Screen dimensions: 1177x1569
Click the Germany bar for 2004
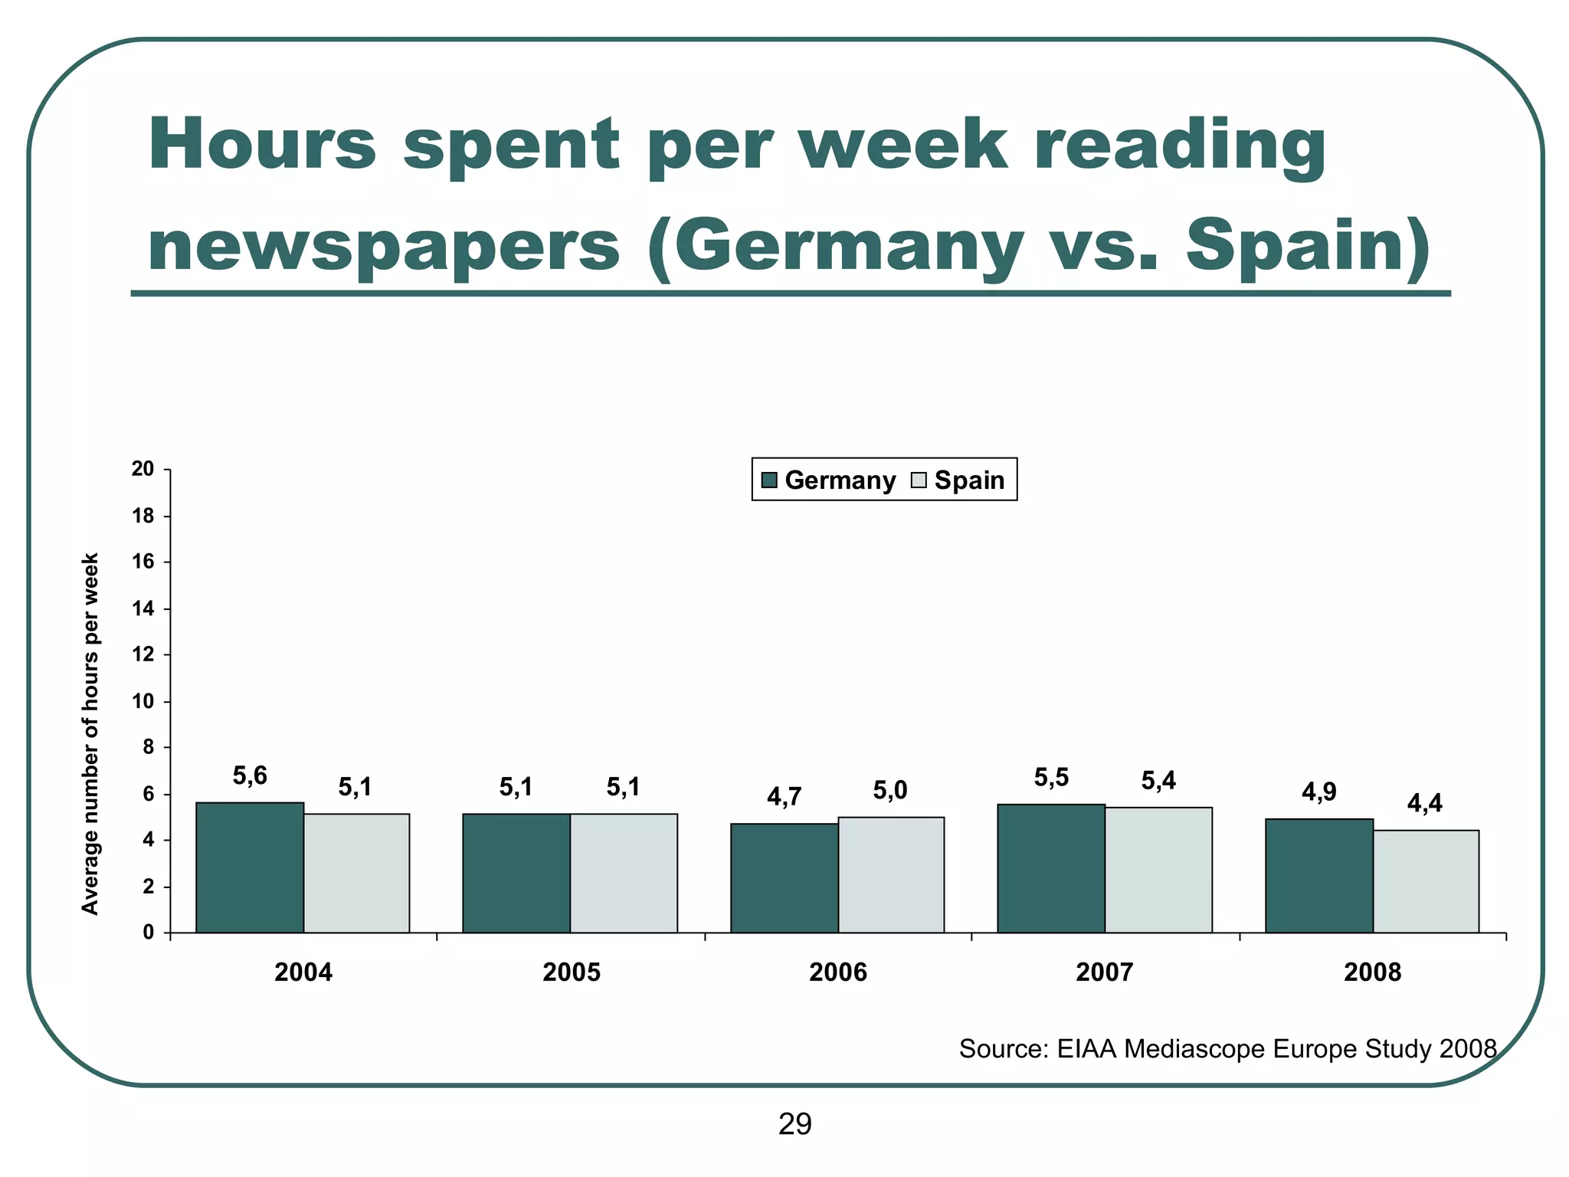[250, 867]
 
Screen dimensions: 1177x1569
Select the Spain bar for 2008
[1426, 881]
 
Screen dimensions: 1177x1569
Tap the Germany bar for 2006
[784, 878]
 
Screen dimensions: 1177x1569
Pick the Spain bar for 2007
[1158, 870]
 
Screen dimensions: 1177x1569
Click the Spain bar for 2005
[624, 873]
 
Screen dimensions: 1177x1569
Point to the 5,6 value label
[250, 776]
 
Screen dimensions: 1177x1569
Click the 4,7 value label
[784, 798]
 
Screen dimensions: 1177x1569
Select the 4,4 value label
[1424, 803]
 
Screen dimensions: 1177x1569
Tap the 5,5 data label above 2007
[1051, 778]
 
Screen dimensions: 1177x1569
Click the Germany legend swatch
[770, 480]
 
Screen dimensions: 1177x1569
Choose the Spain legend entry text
[969, 480]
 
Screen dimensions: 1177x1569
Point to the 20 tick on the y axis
[143, 469]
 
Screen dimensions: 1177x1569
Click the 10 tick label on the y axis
[143, 701]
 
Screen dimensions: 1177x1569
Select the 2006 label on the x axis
[838, 972]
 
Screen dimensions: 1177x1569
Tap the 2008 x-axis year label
[1372, 972]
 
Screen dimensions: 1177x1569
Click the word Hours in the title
[263, 146]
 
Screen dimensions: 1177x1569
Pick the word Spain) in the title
[1307, 245]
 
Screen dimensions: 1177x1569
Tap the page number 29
[794, 1125]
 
